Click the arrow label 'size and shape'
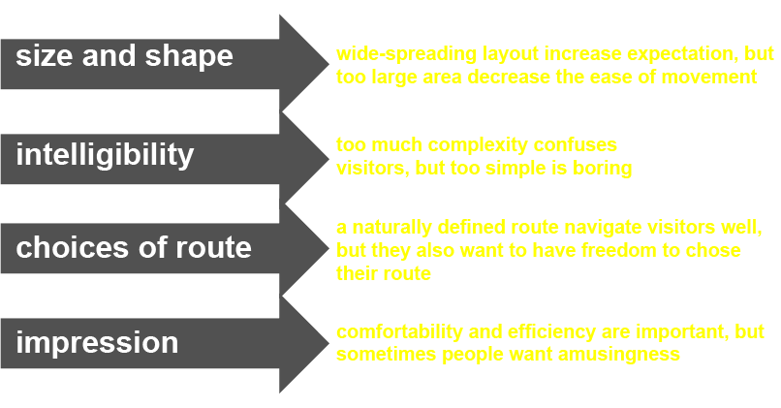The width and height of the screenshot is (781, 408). [125, 56]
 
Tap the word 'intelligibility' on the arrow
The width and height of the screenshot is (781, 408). [105, 154]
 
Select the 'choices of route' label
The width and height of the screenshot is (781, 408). [134, 247]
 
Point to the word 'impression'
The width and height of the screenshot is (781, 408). [97, 343]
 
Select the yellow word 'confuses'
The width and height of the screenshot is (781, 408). [576, 145]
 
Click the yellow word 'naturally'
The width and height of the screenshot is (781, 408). [392, 228]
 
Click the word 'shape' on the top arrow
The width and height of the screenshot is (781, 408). [189, 57]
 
